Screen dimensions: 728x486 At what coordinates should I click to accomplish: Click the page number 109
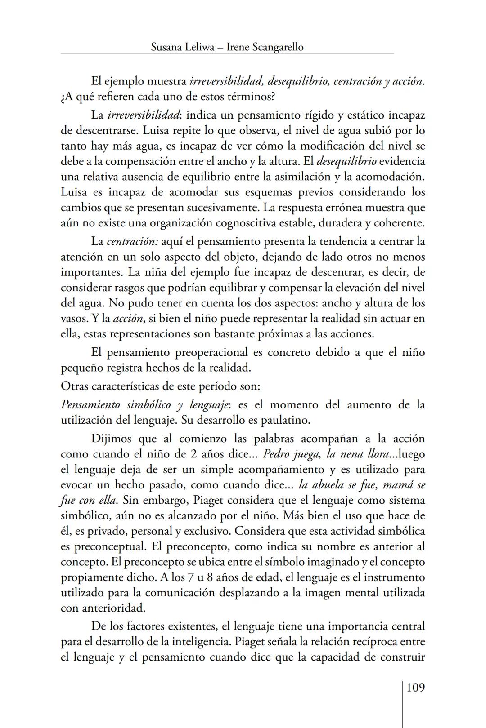[415, 688]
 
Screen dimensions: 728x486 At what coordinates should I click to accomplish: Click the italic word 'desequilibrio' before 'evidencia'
[346, 161]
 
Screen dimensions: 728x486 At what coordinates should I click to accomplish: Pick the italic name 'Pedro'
[276, 454]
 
